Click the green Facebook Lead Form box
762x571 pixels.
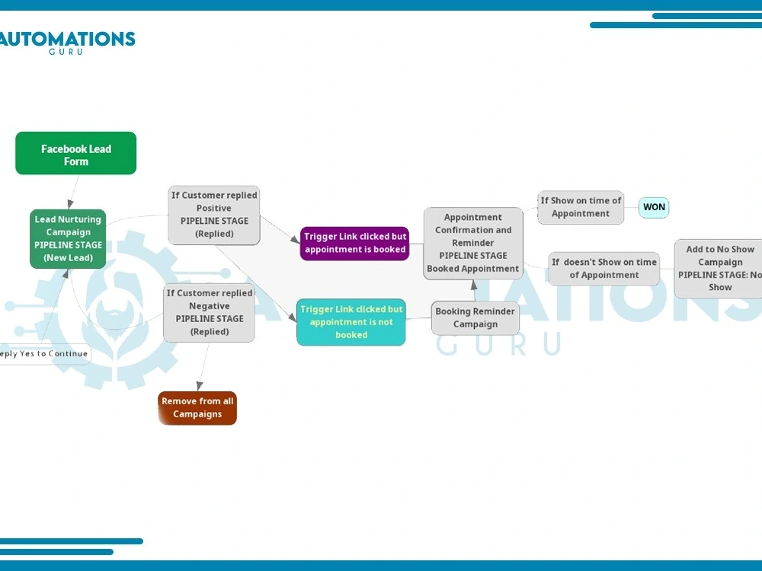click(75, 153)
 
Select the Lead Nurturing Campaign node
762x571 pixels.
click(68, 239)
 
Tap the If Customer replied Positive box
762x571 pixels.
click(214, 215)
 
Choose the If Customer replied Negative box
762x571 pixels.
click(210, 313)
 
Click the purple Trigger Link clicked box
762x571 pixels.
click(355, 244)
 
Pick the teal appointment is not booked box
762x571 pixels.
click(351, 322)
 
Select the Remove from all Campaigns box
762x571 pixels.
click(197, 408)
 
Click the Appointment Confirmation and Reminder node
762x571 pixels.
click(473, 244)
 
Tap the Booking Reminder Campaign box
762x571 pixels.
click(475, 318)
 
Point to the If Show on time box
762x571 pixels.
click(581, 207)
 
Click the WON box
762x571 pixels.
click(654, 207)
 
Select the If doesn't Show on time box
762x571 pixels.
click(604, 269)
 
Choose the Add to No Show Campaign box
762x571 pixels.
click(719, 269)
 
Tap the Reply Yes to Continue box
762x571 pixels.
click(43, 354)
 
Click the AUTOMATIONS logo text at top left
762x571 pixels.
click(67, 39)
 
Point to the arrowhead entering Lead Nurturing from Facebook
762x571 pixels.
click(71, 203)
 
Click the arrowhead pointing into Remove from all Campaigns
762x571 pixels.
click(199, 386)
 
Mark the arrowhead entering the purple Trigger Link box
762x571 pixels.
click(295, 239)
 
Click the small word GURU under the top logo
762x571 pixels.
click(66, 52)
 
